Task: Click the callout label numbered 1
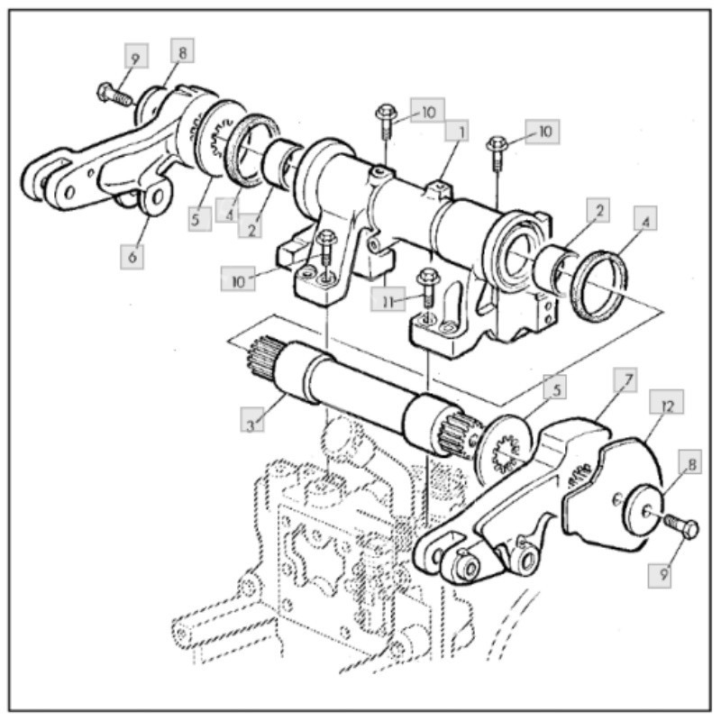point(457,131)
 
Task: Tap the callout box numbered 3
point(252,419)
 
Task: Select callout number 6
point(132,257)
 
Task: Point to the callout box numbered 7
point(625,379)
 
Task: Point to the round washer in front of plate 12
point(643,509)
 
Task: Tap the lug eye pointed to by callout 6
point(156,198)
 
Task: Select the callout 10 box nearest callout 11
point(238,278)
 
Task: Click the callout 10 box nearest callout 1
point(427,110)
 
